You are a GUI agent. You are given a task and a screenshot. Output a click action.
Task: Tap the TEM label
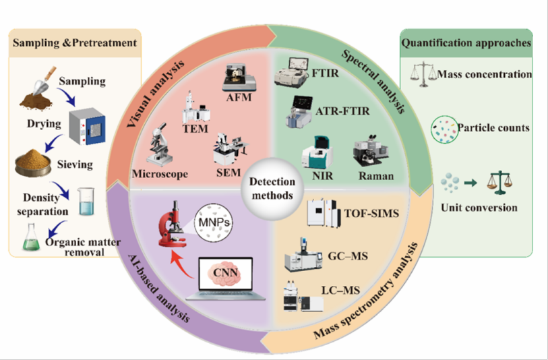(x=195, y=129)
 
